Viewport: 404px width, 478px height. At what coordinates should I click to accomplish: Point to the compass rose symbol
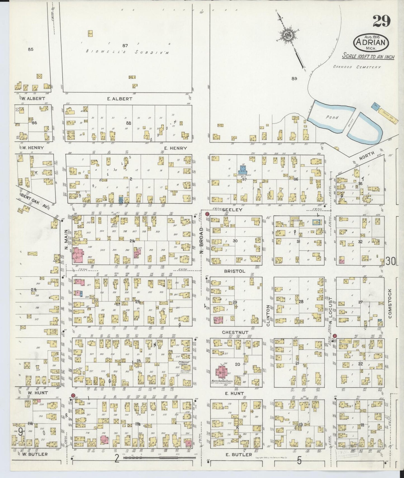pos(287,36)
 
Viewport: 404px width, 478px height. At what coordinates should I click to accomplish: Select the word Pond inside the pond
pos(332,117)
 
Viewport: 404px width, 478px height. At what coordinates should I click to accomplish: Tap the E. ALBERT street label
pos(119,99)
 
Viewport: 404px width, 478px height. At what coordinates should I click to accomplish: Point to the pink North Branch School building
pos(221,372)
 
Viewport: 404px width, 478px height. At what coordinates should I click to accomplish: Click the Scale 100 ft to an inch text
pos(368,56)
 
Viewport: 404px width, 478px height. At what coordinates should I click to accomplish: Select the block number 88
pos(128,123)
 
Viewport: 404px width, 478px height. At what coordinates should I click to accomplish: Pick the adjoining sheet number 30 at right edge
pos(391,261)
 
